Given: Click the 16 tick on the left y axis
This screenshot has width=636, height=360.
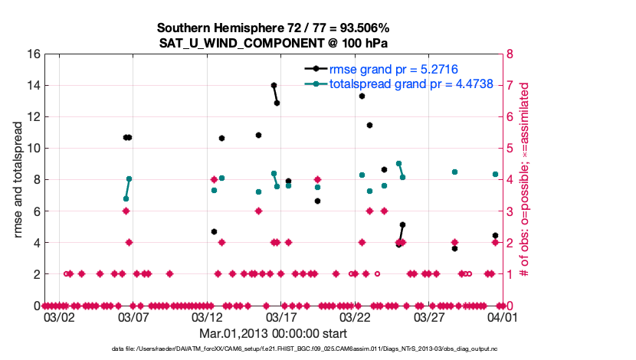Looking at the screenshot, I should click(33, 54).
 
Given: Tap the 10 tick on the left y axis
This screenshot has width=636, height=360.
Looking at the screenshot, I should click(33, 149).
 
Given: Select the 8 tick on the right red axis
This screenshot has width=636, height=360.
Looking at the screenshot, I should click(508, 54).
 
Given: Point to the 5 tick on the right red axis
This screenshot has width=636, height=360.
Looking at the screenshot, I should click(508, 149).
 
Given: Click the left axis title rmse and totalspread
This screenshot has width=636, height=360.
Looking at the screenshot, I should click(16, 180).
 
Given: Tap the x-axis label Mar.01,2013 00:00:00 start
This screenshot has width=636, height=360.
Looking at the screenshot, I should click(272, 333).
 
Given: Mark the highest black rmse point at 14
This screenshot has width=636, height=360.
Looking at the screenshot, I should click(274, 85).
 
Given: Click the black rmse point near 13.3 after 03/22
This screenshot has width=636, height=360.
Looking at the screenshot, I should click(362, 96).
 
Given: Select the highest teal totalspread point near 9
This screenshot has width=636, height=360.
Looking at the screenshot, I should click(398, 163).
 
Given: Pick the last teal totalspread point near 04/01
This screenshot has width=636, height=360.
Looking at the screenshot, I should click(495, 174).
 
